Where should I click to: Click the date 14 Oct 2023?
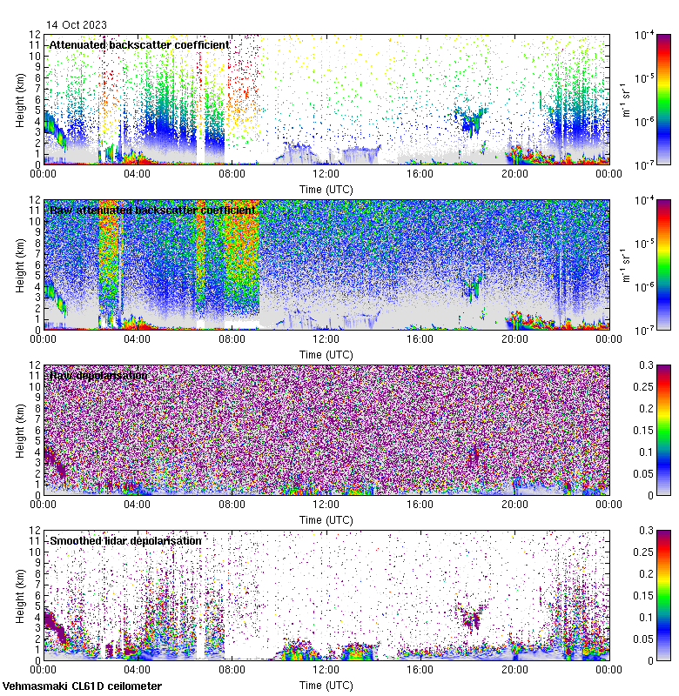(x=77, y=25)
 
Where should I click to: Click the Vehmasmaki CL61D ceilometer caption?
(x=82, y=686)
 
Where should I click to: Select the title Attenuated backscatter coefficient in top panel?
(x=139, y=44)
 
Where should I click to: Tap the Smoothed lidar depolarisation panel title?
(x=125, y=540)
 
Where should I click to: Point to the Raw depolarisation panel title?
(x=98, y=375)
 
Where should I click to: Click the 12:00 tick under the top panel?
(x=326, y=172)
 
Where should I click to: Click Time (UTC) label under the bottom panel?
(x=326, y=685)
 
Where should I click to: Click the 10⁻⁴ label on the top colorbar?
(x=645, y=35)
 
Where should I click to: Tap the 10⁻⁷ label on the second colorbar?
(x=645, y=331)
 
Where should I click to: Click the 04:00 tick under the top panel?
(x=138, y=172)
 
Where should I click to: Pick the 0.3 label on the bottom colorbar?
(x=644, y=530)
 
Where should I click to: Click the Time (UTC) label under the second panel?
(x=326, y=354)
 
